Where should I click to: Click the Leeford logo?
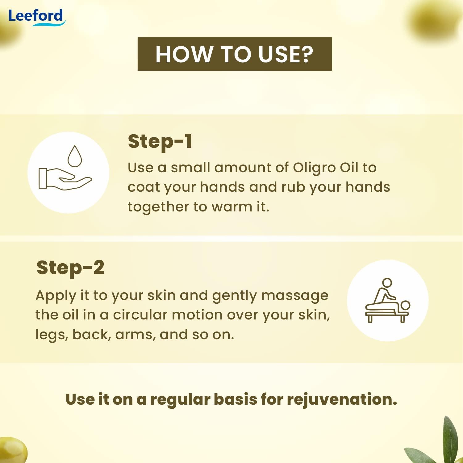tap(36, 16)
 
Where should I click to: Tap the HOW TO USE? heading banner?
tap(235, 54)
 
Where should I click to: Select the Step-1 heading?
tap(160, 142)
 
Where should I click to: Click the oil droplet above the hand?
tap(75, 156)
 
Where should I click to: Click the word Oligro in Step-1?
tap(315, 168)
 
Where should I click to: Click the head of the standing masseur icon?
tap(387, 282)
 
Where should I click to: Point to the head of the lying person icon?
tap(405, 306)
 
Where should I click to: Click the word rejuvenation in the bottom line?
tap(342, 400)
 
